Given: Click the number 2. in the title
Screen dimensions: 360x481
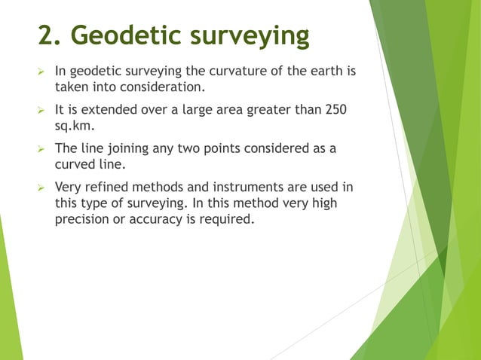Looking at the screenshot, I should click(49, 35).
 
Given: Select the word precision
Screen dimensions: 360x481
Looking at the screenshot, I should click(84, 219).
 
